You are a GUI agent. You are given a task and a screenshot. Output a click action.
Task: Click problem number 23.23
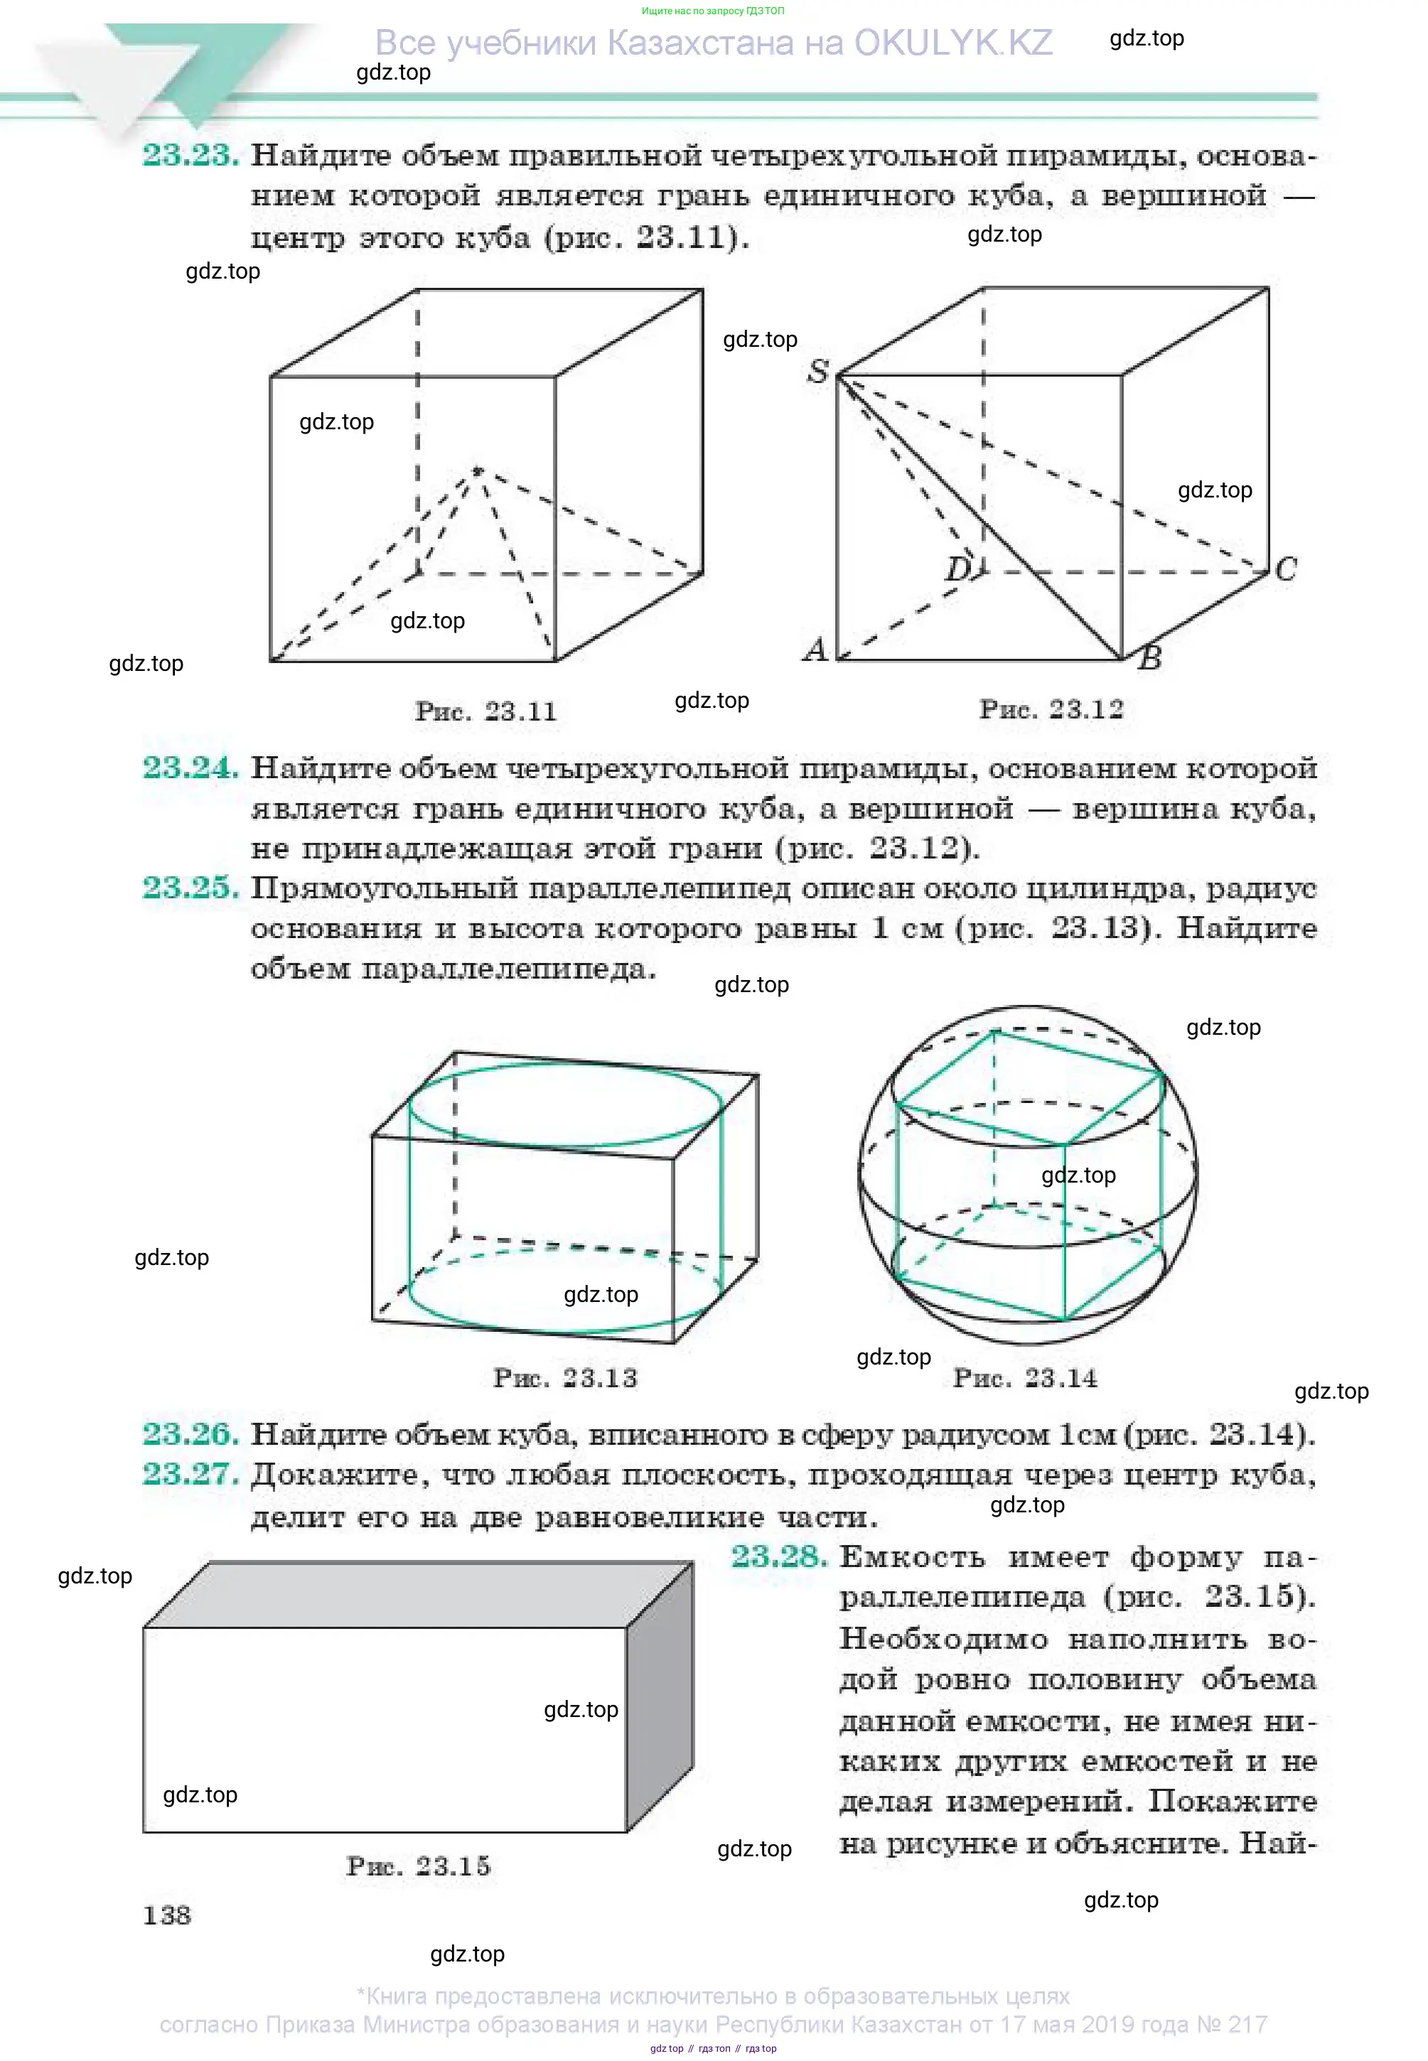click(x=190, y=156)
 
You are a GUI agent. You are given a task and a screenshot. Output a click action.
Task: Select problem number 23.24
click(x=190, y=768)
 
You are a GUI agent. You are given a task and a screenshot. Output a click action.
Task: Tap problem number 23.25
click(x=190, y=888)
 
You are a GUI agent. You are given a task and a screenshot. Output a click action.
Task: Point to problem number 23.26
click(x=190, y=1434)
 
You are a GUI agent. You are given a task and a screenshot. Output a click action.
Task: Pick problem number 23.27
click(x=190, y=1473)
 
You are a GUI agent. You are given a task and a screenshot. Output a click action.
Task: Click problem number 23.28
click(x=779, y=1556)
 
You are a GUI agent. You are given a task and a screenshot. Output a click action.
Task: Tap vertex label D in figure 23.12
click(x=958, y=569)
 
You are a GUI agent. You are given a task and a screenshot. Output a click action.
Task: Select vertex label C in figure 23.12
click(x=1286, y=569)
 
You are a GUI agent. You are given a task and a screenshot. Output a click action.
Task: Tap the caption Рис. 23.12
click(x=1051, y=709)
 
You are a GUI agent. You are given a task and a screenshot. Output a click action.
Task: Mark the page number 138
click(x=167, y=1915)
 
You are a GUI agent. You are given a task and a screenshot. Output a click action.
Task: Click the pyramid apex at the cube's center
click(x=478, y=470)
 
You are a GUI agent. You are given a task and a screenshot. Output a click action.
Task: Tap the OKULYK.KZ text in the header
click(x=953, y=43)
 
